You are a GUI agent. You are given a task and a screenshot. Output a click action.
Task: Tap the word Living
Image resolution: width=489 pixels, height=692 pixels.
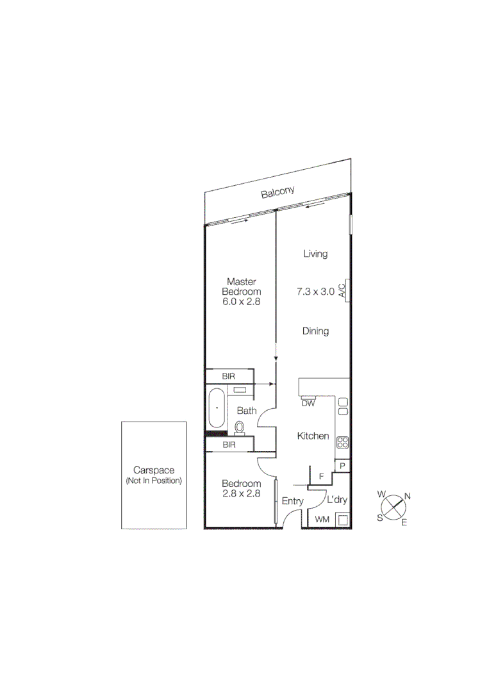pyautogui.click(x=315, y=254)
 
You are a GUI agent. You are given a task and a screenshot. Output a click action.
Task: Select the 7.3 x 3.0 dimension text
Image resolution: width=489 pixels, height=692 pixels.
pyautogui.click(x=315, y=292)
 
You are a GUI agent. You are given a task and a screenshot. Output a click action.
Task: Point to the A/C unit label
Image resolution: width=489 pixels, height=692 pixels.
pyautogui.click(x=343, y=290)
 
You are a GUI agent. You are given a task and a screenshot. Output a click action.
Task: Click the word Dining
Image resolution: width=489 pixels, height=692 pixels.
pyautogui.click(x=315, y=331)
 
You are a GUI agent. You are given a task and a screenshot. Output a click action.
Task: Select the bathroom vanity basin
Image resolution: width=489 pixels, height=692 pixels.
pyautogui.click(x=241, y=390)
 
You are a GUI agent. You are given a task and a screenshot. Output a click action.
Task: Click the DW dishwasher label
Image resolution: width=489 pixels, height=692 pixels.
pyautogui.click(x=308, y=403)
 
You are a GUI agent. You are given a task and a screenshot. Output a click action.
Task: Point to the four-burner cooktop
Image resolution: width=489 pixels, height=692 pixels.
pyautogui.click(x=343, y=441)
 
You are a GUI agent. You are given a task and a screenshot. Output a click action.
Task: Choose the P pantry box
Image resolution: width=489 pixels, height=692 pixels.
pyautogui.click(x=343, y=466)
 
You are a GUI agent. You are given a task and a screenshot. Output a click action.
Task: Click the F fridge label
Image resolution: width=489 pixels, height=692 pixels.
pyautogui.click(x=321, y=477)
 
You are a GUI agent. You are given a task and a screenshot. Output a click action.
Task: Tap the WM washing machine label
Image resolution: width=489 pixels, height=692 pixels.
pyautogui.click(x=322, y=520)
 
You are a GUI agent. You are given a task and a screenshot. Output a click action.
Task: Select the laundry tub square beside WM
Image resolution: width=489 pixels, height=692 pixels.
pyautogui.click(x=343, y=520)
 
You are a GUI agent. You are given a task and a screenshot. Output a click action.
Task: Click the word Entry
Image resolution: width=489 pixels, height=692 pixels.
pyautogui.click(x=292, y=502)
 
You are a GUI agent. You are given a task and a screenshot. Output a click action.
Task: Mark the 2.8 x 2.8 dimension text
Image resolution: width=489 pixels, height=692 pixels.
pyautogui.click(x=241, y=493)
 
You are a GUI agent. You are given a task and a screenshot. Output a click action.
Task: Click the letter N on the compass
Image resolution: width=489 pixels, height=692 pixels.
pyautogui.click(x=408, y=496)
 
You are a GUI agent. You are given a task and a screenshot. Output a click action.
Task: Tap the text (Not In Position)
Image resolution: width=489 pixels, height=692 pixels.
pyautogui.click(x=154, y=481)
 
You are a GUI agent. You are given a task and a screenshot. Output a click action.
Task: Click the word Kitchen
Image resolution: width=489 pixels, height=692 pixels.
pyautogui.click(x=313, y=436)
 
